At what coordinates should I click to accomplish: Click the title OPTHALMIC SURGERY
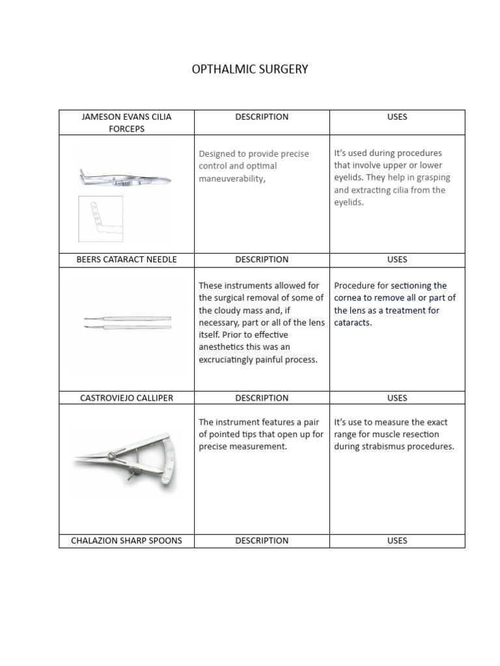250,69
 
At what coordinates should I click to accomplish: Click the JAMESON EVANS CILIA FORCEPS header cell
126,122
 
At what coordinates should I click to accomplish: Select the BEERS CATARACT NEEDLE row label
126,260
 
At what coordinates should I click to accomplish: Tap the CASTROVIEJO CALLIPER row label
126,398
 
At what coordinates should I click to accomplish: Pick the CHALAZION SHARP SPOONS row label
126,540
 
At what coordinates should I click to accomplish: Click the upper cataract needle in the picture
127,317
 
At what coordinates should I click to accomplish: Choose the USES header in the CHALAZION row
397,540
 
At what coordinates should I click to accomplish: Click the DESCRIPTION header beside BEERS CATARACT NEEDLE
262,260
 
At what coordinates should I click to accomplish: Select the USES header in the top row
397,117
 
